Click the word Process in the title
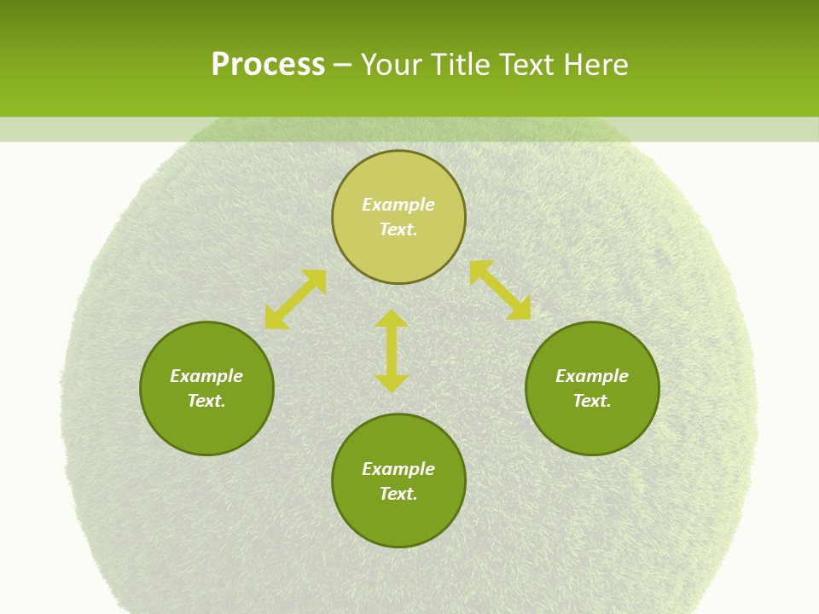268,65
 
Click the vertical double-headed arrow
392,350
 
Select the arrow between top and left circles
295,299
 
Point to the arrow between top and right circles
500,290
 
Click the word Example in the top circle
398,205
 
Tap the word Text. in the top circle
398,229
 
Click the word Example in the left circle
206,376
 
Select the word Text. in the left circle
206,401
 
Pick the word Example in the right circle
592,376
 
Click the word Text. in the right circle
592,401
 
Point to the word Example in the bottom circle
398,469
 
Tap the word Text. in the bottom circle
398,494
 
